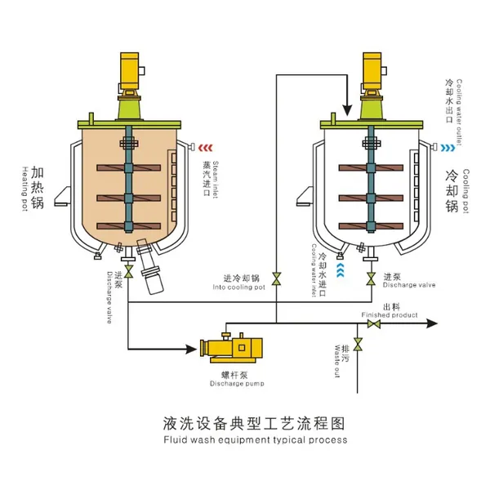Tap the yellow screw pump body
pyautogui.click(x=237, y=349)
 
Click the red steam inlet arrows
pyautogui.click(x=207, y=148)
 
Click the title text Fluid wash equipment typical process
pyautogui.click(x=244, y=440)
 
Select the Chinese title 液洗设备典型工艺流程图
pyautogui.click(x=244, y=424)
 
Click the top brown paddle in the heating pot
pyautogui.click(x=129, y=169)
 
